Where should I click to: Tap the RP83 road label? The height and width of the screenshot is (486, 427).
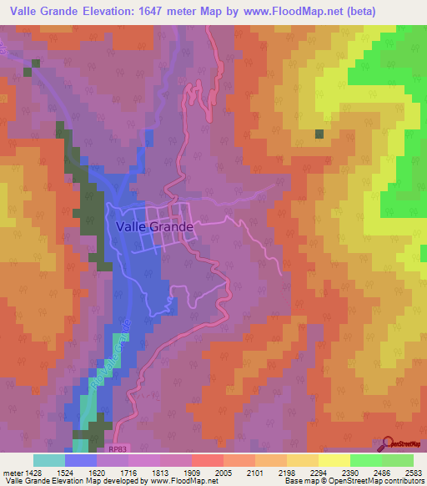tap(119, 449)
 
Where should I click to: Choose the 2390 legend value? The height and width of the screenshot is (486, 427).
tap(350, 472)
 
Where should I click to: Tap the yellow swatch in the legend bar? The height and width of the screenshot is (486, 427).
tap(334, 460)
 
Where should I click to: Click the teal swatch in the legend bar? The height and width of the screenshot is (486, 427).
tap(49, 460)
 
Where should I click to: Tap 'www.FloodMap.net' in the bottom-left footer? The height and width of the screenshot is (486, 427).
tap(178, 482)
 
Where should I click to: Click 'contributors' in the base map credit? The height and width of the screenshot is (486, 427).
tap(399, 482)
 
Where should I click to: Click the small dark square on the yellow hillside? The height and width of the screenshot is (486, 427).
tap(319, 134)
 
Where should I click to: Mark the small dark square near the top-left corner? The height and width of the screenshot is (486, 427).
tap(28, 71)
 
